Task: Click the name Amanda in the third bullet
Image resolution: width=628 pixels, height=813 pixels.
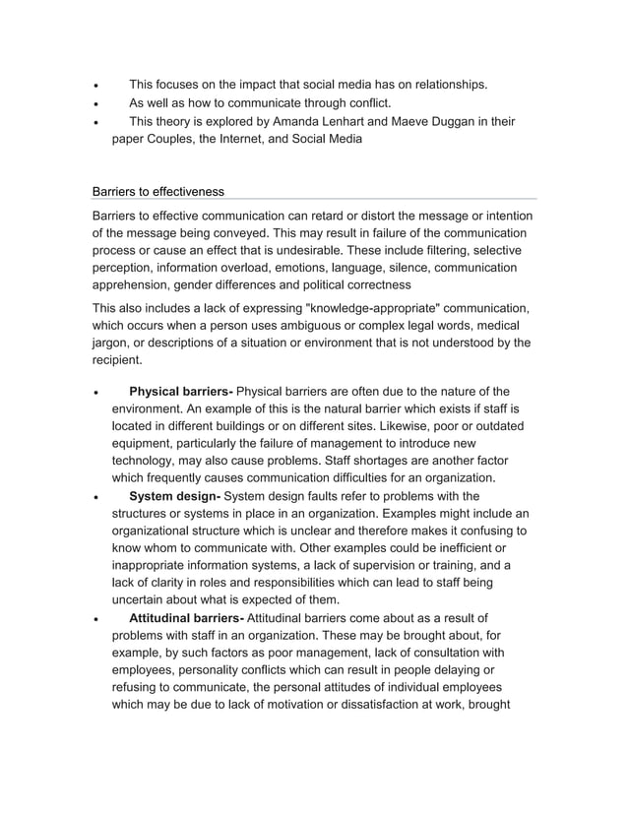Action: point(321,121)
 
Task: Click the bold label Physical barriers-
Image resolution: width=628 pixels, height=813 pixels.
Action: point(181,391)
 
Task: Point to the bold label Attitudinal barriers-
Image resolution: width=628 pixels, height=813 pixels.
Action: point(186,617)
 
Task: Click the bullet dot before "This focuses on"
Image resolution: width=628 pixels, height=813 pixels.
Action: point(95,86)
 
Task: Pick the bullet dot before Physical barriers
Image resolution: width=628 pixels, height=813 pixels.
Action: point(95,392)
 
